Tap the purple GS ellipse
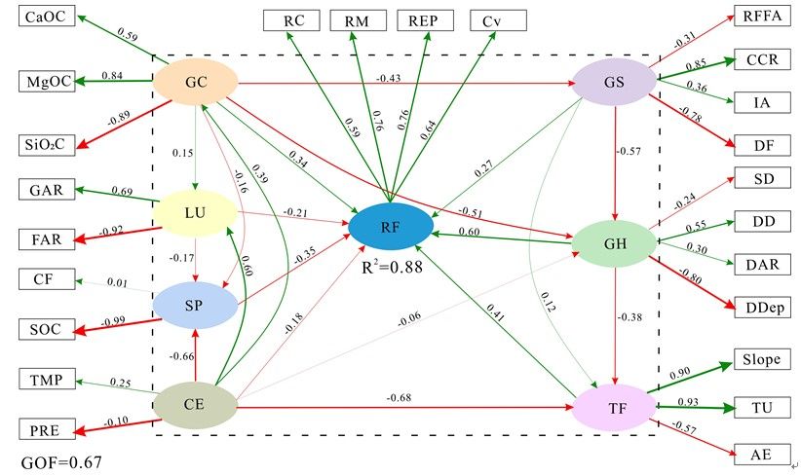[x=614, y=81]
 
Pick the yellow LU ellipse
[x=197, y=212]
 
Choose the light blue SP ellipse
[x=197, y=306]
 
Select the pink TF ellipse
[x=614, y=408]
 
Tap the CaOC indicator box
[x=50, y=18]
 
